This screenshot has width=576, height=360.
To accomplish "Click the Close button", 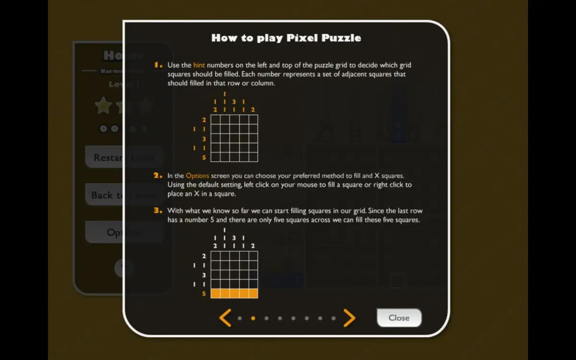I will click(399, 318).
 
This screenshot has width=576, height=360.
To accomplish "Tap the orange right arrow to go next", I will click(349, 318).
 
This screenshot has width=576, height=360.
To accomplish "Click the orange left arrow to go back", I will click(225, 318).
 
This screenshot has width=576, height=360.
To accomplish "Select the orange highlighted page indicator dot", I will click(253, 318).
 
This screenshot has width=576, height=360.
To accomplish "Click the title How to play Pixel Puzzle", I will click(286, 37).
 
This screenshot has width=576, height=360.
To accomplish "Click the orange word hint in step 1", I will click(199, 65).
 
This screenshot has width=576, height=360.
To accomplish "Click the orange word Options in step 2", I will click(197, 176).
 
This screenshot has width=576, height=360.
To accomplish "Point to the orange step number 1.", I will click(158, 65).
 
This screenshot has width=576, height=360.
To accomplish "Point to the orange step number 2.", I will click(158, 176).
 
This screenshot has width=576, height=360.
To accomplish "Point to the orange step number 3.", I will click(158, 211).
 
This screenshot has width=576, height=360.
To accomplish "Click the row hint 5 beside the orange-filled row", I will click(204, 294).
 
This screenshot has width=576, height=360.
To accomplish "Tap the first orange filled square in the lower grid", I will click(216, 293).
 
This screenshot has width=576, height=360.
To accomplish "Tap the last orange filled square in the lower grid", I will click(253, 293).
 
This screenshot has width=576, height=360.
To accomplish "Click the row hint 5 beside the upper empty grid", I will click(204, 157).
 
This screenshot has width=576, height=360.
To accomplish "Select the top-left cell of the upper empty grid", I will click(216, 120).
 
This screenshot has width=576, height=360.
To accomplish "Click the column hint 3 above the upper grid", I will click(234, 102).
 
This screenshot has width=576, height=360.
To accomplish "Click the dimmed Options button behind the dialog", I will click(104, 232).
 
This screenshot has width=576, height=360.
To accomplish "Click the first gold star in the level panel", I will click(103, 106).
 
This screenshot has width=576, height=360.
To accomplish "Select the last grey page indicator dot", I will click(334, 318).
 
